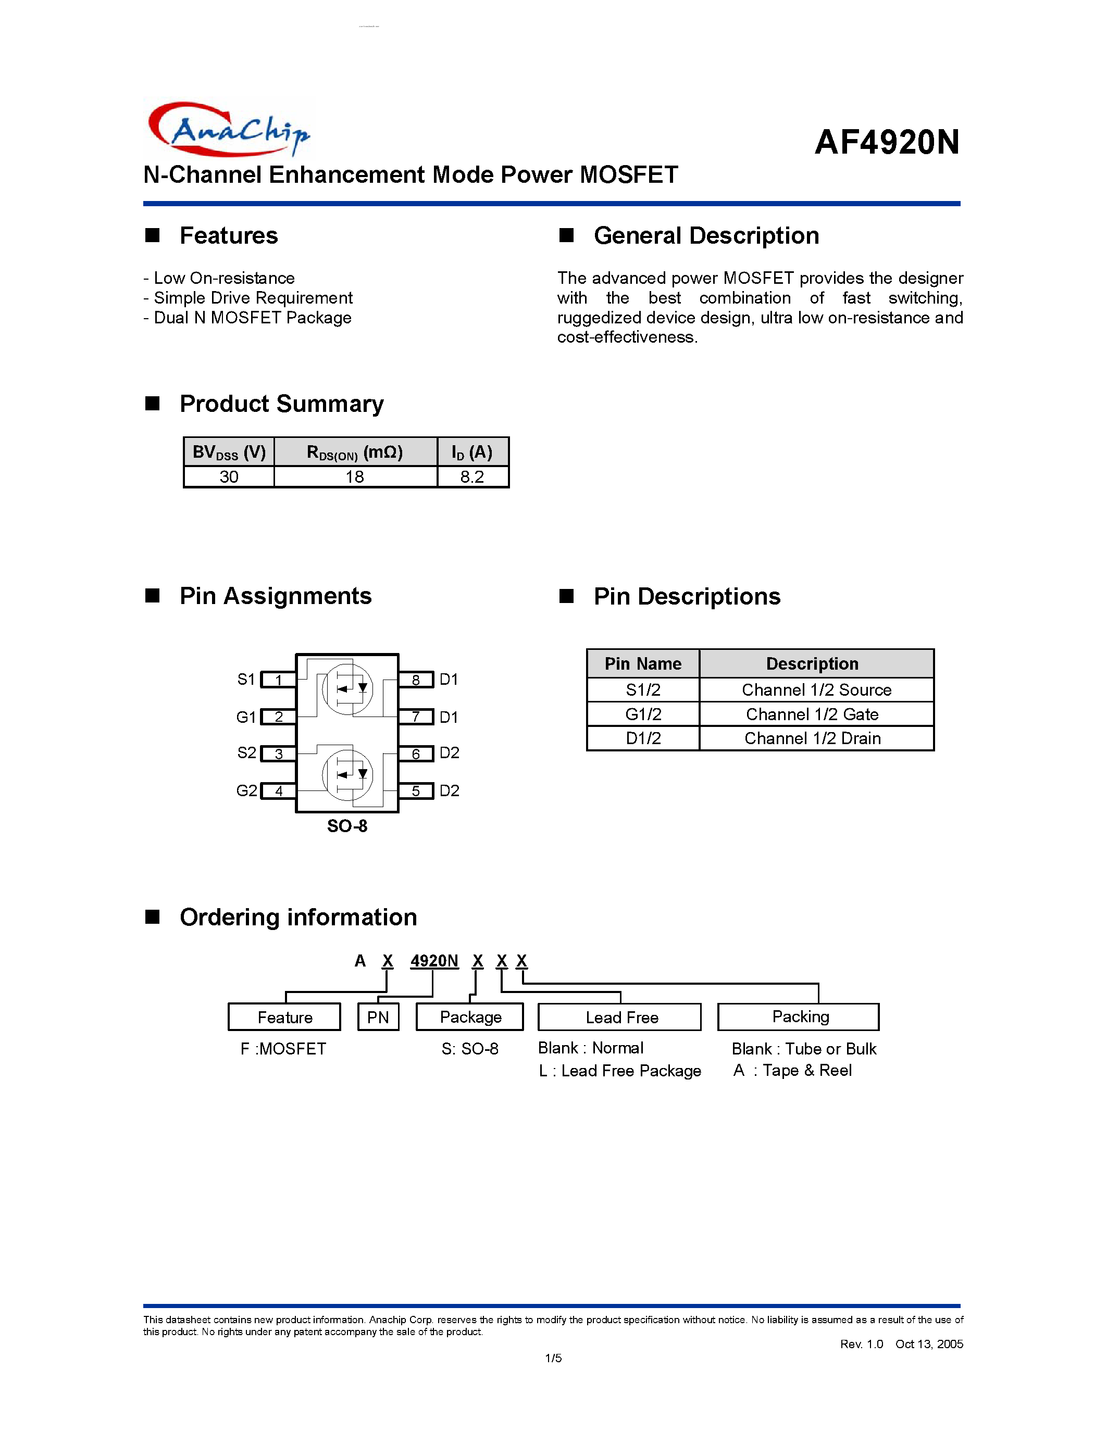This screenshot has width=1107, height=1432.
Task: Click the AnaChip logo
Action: tap(228, 129)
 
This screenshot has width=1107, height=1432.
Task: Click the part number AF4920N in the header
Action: tap(887, 142)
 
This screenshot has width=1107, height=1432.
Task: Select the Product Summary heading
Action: tap(281, 404)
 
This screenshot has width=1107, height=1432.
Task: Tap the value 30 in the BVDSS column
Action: tap(229, 476)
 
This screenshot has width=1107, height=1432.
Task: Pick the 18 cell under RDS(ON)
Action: tap(355, 476)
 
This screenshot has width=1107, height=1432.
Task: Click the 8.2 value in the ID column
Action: tap(472, 476)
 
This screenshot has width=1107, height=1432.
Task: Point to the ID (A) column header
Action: tap(472, 452)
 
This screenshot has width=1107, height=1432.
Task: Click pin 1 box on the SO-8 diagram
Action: tap(279, 680)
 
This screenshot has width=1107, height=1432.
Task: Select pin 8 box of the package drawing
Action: tap(416, 680)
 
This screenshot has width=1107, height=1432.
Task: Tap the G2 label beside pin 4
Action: tap(246, 791)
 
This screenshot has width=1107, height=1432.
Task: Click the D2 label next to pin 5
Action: tap(449, 791)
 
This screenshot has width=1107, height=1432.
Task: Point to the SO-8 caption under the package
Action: tap(347, 826)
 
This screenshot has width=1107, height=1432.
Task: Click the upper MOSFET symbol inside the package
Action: tap(347, 689)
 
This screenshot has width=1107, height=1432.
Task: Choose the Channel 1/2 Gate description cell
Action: tap(812, 714)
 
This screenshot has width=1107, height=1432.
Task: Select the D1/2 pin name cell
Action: tap(643, 738)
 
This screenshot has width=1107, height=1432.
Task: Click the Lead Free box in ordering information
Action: tap(620, 1017)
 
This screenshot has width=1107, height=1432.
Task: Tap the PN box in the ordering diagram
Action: tap(378, 1017)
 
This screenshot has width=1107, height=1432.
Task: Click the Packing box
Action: tap(799, 1017)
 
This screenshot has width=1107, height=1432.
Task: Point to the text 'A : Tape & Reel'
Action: tap(792, 1070)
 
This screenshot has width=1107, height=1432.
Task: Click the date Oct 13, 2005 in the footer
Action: tap(929, 1344)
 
